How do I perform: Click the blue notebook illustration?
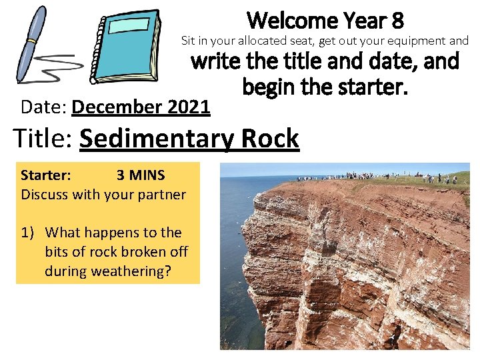pyautogui.click(x=126, y=45)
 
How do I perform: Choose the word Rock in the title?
pyautogui.click(x=271, y=139)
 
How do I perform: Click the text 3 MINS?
pyautogui.click(x=141, y=175)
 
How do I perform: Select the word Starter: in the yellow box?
pyautogui.click(x=46, y=175)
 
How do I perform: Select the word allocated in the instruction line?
pyautogui.click(x=258, y=41)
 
